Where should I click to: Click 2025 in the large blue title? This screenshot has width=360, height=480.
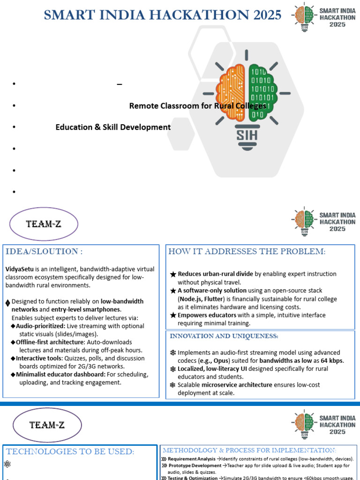click(264, 15)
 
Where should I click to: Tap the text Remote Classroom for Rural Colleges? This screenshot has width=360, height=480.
click(197, 106)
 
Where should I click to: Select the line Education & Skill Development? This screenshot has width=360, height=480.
click(113, 127)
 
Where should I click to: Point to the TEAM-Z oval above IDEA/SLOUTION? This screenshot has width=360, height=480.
click(44, 224)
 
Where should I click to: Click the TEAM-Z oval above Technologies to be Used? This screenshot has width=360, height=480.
click(44, 425)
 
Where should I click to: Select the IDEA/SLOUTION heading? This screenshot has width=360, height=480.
click(44, 252)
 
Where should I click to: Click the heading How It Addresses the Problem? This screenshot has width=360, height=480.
click(247, 252)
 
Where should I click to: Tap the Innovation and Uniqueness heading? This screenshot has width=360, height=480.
click(224, 336)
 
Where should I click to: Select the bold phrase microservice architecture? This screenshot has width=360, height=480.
click(237, 385)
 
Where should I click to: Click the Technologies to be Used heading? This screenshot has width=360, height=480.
click(70, 452)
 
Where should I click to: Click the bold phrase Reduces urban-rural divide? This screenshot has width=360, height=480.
click(216, 274)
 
